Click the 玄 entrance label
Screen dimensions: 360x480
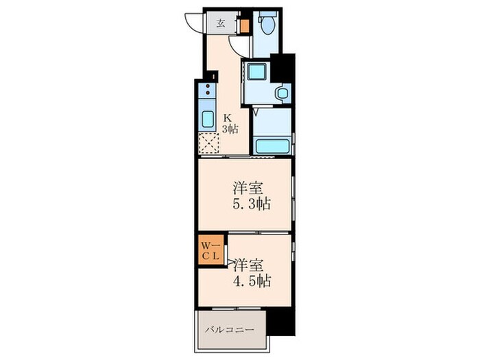pyautogui.click(x=221, y=23)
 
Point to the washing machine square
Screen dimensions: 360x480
pyautogui.click(x=256, y=71)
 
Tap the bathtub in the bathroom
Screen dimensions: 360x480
pyautogui.click(x=272, y=146)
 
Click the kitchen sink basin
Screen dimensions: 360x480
pyautogui.click(x=207, y=118)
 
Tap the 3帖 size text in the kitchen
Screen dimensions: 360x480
pyautogui.click(x=229, y=129)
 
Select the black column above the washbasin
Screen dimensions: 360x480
pyautogui.click(x=282, y=67)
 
